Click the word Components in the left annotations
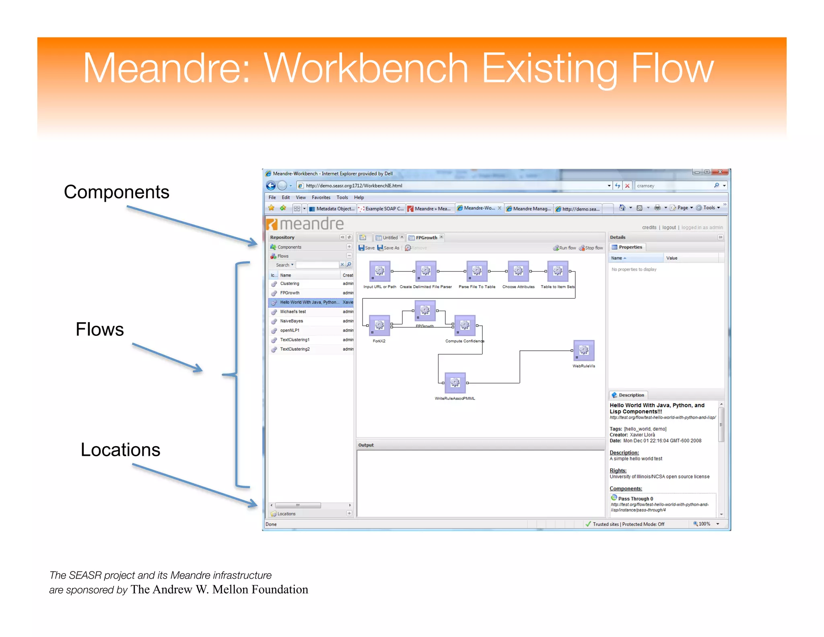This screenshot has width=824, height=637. click(116, 192)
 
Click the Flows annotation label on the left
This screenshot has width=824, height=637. click(99, 329)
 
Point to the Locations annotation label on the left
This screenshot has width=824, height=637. click(120, 450)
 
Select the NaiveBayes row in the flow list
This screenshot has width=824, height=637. click(292, 321)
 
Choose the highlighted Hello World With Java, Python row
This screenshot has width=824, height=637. click(309, 302)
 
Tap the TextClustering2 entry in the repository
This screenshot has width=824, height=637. click(295, 349)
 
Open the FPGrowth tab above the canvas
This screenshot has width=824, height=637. click(426, 238)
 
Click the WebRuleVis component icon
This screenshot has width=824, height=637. click(583, 350)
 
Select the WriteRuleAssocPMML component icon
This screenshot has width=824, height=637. click(455, 383)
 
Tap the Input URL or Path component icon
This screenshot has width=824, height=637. click(379, 271)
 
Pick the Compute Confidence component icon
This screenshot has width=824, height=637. click(465, 325)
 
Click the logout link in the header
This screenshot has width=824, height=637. click(669, 227)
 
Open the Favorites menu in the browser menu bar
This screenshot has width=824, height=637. click(321, 197)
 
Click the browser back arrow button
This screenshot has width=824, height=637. click(271, 185)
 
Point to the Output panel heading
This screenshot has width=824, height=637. click(366, 445)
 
